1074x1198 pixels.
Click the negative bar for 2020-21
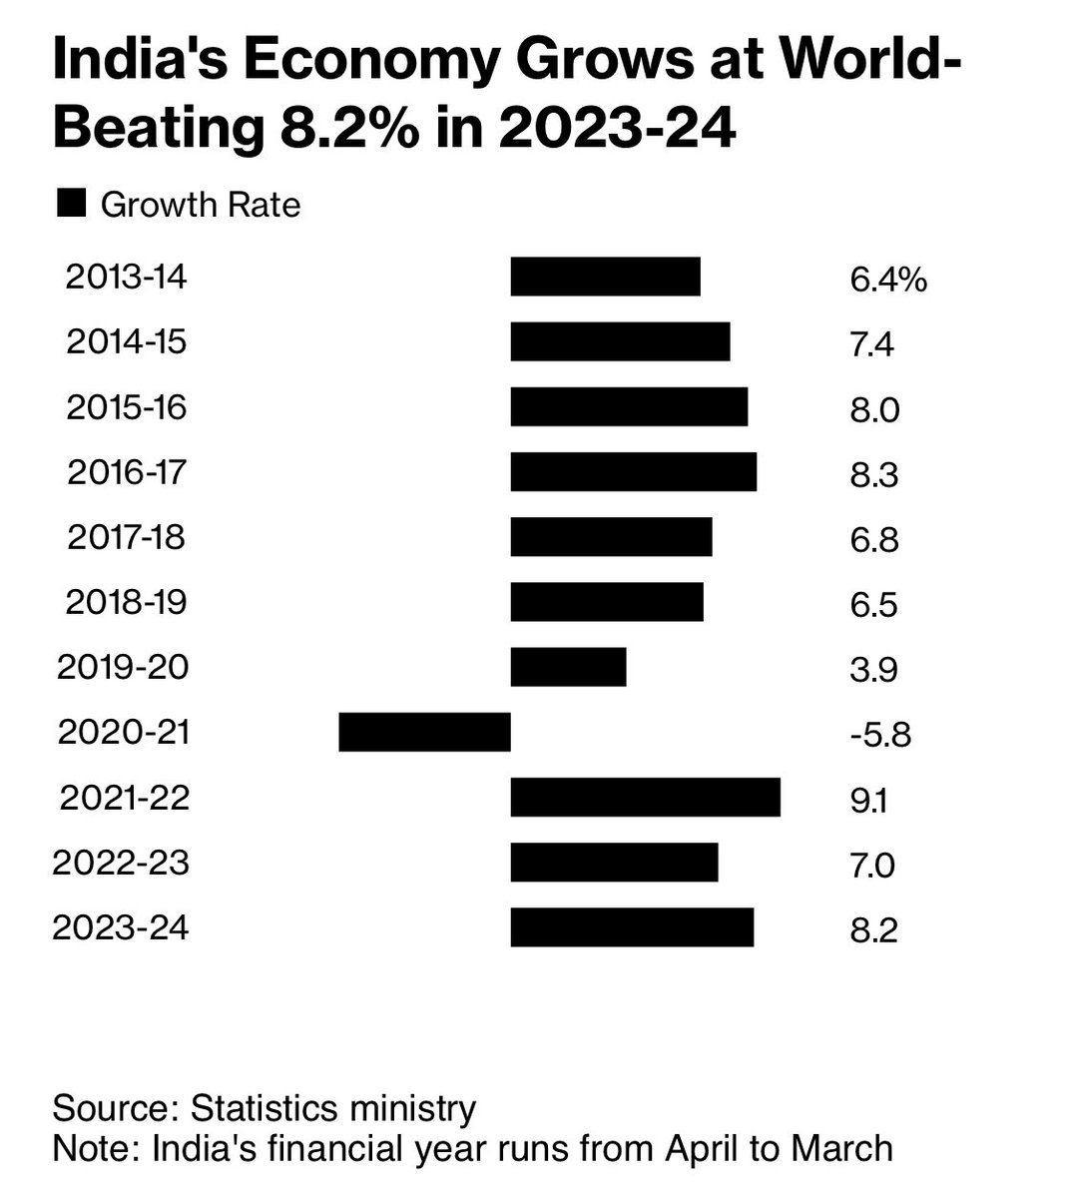coord(424,732)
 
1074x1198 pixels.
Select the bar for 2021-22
coord(645,798)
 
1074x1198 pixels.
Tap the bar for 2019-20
coord(568,667)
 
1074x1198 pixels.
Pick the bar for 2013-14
coord(605,277)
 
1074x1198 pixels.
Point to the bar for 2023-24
coord(632,927)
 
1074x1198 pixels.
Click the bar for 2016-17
coord(633,471)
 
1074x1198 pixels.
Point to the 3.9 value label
coord(873,670)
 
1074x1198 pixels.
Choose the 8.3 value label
coord(874,474)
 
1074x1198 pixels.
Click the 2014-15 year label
coord(126,342)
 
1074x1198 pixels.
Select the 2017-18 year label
coord(126,537)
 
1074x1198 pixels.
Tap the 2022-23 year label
coord(120,863)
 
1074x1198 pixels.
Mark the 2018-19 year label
coord(126,602)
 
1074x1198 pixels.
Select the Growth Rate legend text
coord(201,205)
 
